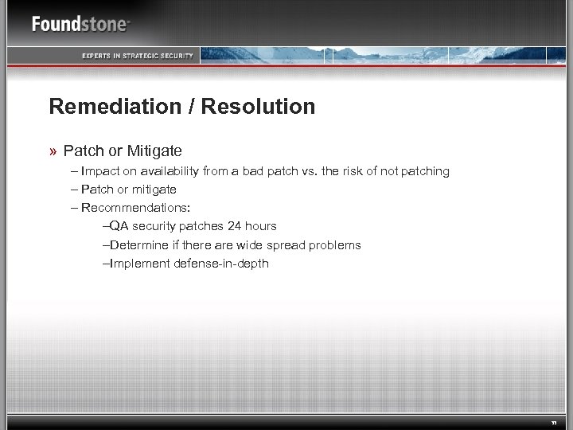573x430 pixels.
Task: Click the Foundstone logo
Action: pyautogui.click(x=80, y=23)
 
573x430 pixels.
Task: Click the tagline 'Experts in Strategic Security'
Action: pyautogui.click(x=138, y=55)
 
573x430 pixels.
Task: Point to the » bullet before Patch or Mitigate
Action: pyautogui.click(x=53, y=150)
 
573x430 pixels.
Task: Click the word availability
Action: pyautogui.click(x=170, y=171)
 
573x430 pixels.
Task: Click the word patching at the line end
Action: pyautogui.click(x=425, y=171)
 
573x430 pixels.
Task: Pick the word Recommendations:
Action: pyautogui.click(x=135, y=208)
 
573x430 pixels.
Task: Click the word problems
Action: pyautogui.click(x=337, y=244)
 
